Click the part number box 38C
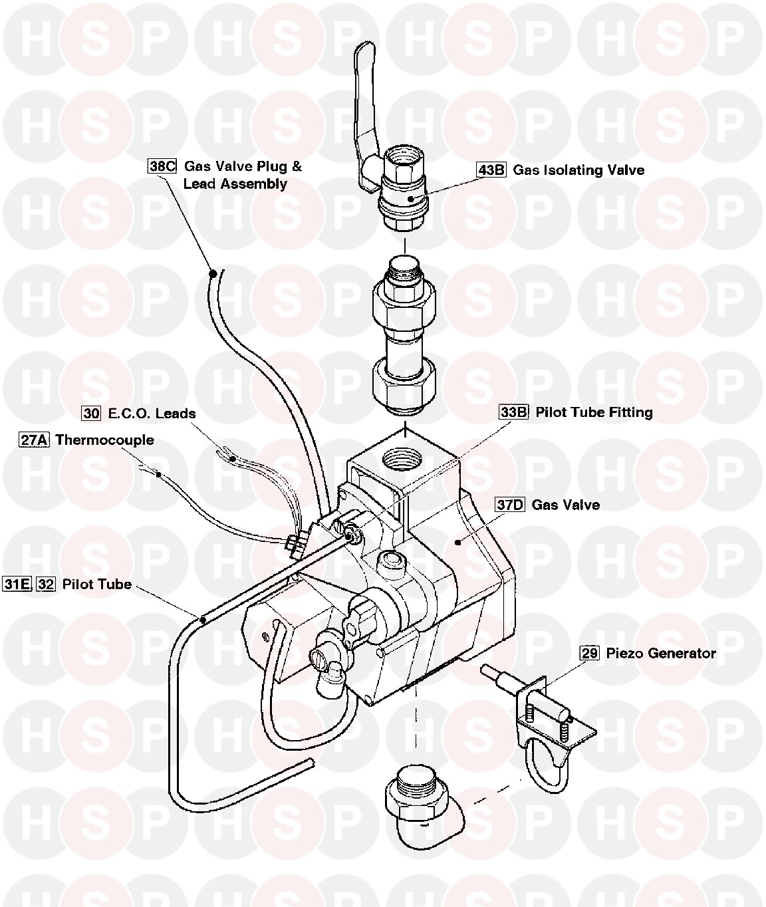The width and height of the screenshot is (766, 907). [x=161, y=166]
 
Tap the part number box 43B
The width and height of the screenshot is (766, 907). [x=491, y=170]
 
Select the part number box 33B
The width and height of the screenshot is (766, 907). [x=513, y=412]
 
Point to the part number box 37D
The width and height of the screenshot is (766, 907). [x=510, y=505]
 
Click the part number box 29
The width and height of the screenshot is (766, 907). [x=589, y=653]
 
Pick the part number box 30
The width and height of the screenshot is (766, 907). [x=91, y=413]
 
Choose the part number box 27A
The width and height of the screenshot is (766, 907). [x=34, y=440]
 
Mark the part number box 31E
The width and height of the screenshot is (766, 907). [x=17, y=584]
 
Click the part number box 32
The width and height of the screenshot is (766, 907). [x=46, y=584]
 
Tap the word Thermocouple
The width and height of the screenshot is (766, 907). [x=104, y=440]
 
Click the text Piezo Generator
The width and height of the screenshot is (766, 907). [x=661, y=653]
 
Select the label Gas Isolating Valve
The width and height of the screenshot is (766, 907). [x=578, y=170]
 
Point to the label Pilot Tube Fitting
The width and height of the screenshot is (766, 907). [x=594, y=412]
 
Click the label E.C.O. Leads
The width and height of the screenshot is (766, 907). [x=152, y=413]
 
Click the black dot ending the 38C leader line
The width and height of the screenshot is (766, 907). [x=213, y=273]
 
